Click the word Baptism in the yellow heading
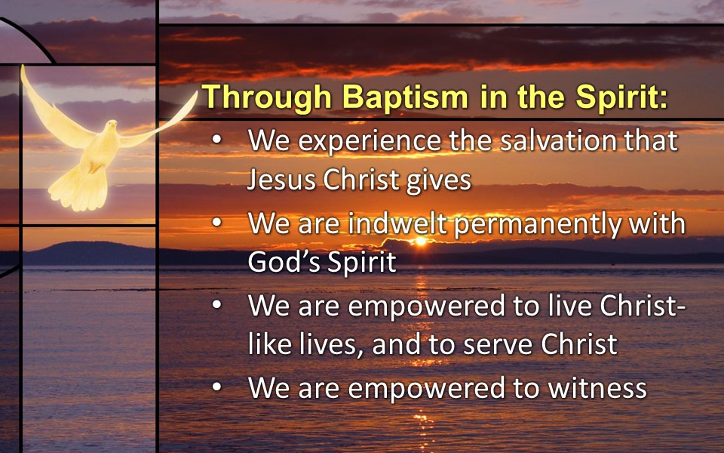[406, 97]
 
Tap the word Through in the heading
[267, 98]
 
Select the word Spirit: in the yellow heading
[621, 98]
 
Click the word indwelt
[397, 223]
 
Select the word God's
[284, 262]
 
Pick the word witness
[597, 388]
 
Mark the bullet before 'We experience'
[216, 139]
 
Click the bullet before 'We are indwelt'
[216, 222]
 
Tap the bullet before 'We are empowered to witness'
[216, 387]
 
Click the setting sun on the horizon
[421, 241]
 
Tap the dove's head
[111, 127]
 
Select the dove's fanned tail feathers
[79, 190]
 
